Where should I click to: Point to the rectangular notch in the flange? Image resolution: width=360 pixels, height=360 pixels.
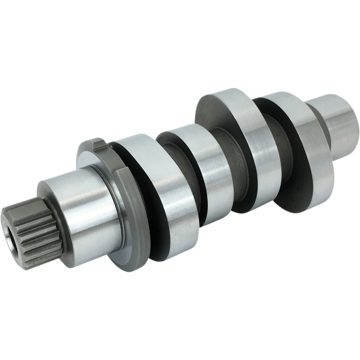(x=101, y=145)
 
